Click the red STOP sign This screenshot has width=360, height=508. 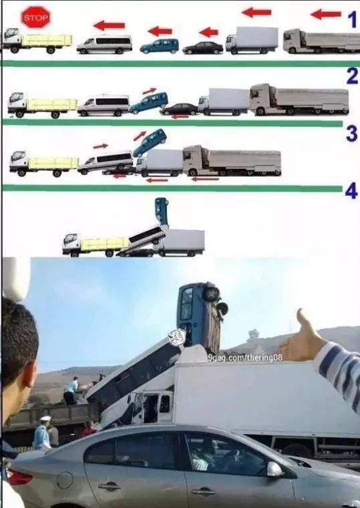pyautogui.click(x=35, y=17)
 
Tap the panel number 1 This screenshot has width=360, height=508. pyautogui.click(x=351, y=19)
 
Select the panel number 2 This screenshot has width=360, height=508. pyautogui.click(x=352, y=76)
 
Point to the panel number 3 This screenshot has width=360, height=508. pyautogui.click(x=352, y=134)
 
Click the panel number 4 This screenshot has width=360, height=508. pyautogui.click(x=351, y=190)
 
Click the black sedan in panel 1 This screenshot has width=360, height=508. pyautogui.click(x=203, y=48)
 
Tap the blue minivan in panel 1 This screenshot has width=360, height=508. pyautogui.click(x=159, y=46)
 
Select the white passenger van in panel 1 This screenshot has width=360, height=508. pyautogui.click(x=104, y=44)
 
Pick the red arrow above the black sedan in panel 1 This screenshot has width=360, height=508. pyautogui.click(x=208, y=32)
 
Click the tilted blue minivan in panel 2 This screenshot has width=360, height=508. pyautogui.click(x=149, y=102)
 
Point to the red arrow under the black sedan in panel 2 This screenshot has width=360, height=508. pyautogui.click(x=180, y=117)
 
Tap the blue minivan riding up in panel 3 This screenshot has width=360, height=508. pyautogui.click(x=150, y=143)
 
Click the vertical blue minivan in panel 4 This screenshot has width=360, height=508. pyautogui.click(x=162, y=212)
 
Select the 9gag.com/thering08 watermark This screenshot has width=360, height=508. pyautogui.click(x=245, y=358)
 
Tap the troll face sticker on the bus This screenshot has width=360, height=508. pyautogui.click(x=177, y=338)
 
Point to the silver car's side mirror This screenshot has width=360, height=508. pyautogui.click(x=275, y=469)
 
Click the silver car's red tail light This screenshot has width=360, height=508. pyautogui.click(x=19, y=477)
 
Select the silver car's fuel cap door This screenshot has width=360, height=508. pyautogui.click(x=65, y=480)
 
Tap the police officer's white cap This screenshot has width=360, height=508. pyautogui.click(x=45, y=419)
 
